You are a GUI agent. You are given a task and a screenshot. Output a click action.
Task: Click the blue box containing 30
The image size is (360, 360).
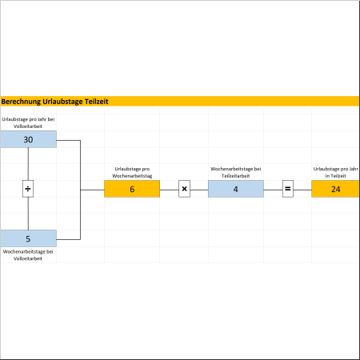[x=28, y=139]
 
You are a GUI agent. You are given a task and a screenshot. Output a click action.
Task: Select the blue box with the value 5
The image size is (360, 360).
[x=28, y=238]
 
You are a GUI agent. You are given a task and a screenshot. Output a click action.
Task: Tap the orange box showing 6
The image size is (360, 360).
[x=132, y=189]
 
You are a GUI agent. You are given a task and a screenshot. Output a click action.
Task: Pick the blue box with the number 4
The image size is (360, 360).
[x=236, y=189]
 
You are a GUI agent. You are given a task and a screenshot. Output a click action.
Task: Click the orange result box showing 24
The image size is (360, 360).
[x=335, y=189]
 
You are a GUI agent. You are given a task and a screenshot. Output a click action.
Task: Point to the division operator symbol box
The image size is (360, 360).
[x=28, y=189]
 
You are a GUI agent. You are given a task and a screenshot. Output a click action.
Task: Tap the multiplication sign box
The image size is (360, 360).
[x=184, y=189]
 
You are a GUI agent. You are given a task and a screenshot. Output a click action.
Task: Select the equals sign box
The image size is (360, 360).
[x=288, y=189]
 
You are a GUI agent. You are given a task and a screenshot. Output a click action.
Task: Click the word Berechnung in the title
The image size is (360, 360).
[x=21, y=102]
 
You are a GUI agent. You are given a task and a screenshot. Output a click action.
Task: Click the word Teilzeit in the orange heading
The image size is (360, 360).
[x=97, y=102]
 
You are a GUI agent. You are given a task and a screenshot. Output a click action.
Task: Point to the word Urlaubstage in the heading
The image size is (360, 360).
[x=62, y=102]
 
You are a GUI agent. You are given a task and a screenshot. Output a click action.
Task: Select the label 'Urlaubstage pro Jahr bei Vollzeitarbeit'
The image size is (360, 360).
[x=28, y=122]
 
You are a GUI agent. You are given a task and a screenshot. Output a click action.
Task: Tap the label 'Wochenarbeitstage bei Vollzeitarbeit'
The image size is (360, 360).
[x=28, y=255]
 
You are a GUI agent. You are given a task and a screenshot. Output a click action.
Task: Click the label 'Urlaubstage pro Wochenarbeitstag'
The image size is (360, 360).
[x=132, y=172]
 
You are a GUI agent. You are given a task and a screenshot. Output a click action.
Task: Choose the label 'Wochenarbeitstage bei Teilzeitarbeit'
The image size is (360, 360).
[x=236, y=172]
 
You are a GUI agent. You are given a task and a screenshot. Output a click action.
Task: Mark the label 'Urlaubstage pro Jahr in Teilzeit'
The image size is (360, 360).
[x=335, y=172]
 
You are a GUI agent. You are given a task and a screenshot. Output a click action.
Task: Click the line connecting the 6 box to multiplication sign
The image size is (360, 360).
[x=170, y=190]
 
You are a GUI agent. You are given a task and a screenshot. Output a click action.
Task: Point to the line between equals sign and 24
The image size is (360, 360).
[x=302, y=190]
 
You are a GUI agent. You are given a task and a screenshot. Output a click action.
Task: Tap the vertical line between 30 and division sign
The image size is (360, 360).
[x=28, y=164]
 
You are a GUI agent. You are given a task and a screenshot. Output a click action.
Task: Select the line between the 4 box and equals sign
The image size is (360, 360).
[x=273, y=190]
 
